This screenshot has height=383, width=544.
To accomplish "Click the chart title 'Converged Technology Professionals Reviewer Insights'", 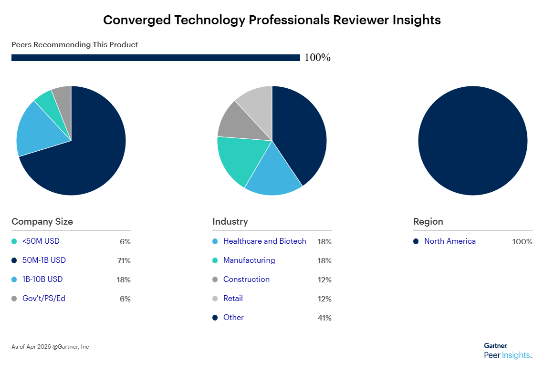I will coord(272,20).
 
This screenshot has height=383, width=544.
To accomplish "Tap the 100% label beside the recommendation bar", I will coord(317,58).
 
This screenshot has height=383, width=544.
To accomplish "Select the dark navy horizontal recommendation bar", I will coord(156,58).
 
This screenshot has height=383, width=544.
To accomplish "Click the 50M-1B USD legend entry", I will coord(44,260).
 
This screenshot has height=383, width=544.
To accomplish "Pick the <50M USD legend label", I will coord(41,241).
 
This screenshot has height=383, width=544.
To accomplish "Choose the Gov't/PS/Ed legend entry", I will coord(44,299).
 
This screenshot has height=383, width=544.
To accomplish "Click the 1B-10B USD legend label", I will coord(42,279).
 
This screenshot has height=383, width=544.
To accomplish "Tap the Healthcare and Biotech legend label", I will coord(264,241).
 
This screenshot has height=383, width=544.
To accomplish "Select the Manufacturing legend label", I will coord(249,260).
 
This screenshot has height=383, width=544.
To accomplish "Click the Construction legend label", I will coord(246,279).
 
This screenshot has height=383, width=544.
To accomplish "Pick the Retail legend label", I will coord(233,299).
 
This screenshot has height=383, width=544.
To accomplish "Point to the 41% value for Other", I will coord(324,318).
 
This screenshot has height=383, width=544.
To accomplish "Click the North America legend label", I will coord(450,241).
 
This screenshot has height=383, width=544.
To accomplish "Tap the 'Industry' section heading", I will coord(230,221).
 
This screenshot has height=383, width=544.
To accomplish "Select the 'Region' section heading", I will coord(428,221).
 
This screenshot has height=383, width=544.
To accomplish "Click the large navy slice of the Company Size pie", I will coord(86,157).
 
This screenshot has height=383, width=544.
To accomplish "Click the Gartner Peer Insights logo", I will coord(507,351).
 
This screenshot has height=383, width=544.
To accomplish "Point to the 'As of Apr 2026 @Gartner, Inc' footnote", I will coord(50,347).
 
